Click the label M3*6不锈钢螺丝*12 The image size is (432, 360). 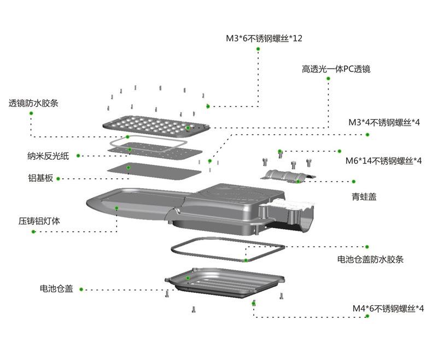click(264, 38)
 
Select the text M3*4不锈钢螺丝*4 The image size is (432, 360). click(384, 122)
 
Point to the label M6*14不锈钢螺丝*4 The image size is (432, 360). click(384, 161)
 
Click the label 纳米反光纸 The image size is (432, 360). click(48, 156)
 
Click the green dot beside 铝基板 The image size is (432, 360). click(58, 178)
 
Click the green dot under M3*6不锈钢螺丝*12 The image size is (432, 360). click(258, 49)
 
